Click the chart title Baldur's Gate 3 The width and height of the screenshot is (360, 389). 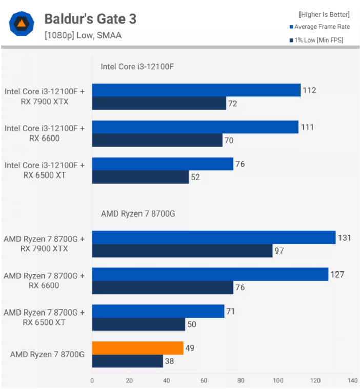[90, 19]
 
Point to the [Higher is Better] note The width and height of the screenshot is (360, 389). [324, 14]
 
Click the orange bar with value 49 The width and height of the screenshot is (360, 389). [137, 348]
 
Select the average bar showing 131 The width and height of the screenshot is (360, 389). [214, 238]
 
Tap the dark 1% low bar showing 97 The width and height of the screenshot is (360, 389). [182, 251]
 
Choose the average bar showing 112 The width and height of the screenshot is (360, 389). [196, 90]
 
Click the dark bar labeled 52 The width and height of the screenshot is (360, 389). [141, 178]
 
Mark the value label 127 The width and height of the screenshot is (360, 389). [337, 274]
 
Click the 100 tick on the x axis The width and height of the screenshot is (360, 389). [278, 381]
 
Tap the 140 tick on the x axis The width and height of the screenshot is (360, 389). [352, 381]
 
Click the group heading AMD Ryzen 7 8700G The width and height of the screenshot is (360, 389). [137, 213]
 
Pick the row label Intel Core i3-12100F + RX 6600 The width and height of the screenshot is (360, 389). [44, 133]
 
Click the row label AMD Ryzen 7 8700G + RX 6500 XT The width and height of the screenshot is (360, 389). [44, 317]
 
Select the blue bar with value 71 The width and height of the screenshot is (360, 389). [158, 311]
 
